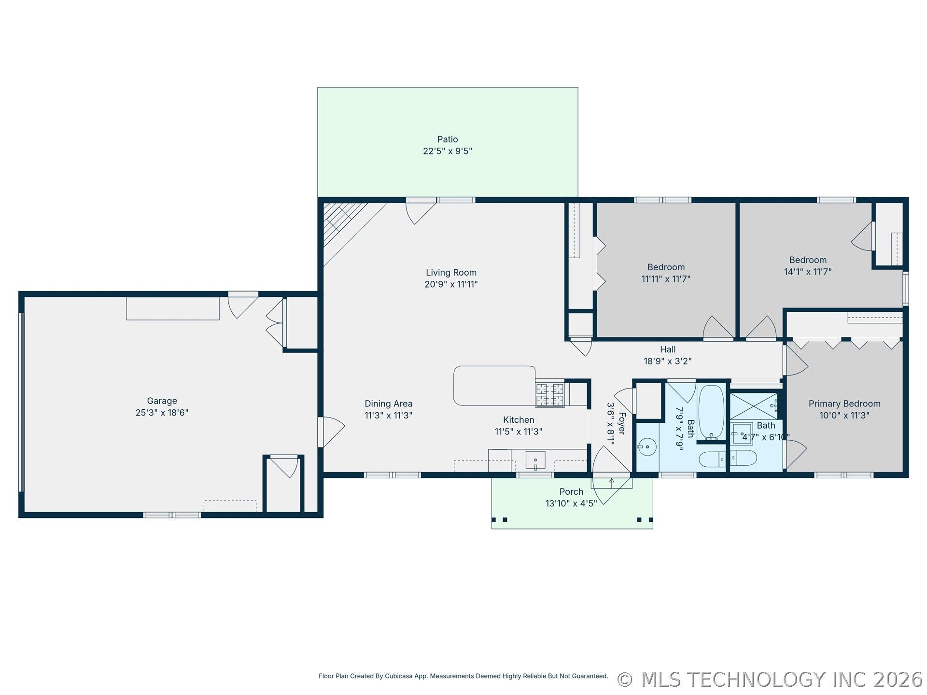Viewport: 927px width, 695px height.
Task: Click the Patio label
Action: [448, 139]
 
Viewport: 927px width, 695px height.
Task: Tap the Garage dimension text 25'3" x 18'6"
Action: [162, 413]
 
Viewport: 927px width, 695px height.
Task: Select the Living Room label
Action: [451, 273]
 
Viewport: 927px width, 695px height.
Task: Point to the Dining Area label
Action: [388, 403]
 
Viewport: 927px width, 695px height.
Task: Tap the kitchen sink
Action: [535, 460]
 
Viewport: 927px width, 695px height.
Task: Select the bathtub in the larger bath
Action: [712, 412]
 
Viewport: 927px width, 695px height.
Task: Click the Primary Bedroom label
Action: [844, 403]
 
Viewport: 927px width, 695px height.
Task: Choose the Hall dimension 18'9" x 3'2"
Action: [668, 361]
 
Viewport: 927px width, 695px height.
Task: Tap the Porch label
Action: [571, 492]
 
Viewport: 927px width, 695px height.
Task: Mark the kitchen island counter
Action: [494, 386]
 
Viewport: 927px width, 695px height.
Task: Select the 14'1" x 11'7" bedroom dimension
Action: [808, 272]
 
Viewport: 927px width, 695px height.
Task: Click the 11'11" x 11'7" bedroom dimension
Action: [666, 279]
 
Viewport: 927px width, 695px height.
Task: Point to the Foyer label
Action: [622, 423]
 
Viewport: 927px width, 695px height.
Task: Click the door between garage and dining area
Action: [331, 432]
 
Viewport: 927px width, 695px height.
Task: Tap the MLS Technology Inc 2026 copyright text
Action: [770, 680]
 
